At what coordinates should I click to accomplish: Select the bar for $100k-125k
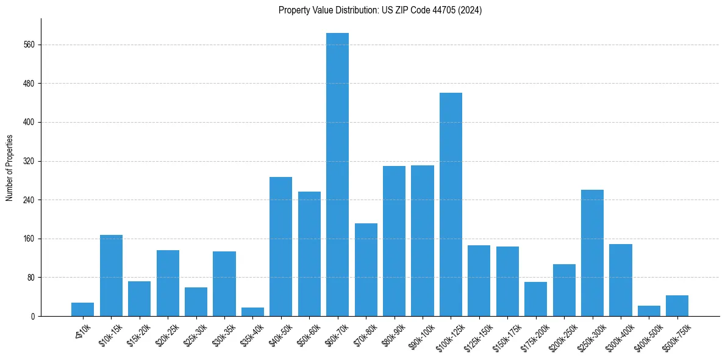point(451,204)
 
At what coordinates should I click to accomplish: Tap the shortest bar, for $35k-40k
point(252,312)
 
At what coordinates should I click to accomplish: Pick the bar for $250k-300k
point(592,253)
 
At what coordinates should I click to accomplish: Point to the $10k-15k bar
point(111,275)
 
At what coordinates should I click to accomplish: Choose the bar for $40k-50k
point(281,247)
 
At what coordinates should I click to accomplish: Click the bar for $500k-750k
point(677,306)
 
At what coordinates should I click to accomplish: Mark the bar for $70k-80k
point(366,270)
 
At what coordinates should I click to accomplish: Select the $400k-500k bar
point(649,311)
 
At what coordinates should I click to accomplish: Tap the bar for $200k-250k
point(564,290)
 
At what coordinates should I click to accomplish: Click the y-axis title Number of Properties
point(10,168)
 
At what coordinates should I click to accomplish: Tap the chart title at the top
point(380,10)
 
